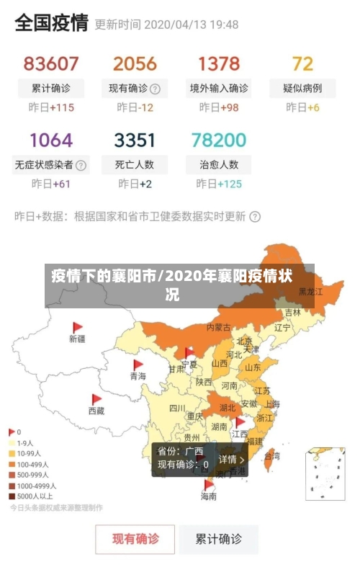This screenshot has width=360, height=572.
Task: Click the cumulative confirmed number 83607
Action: coord(51,63)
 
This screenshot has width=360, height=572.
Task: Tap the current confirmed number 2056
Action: coord(135,63)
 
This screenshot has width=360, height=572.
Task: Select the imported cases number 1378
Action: coord(219,63)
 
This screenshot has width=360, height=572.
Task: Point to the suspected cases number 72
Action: coord(302,63)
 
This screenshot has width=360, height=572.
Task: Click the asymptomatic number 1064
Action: coord(51,139)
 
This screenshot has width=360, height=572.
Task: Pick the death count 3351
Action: coord(135,139)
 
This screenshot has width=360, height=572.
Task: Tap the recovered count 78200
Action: coord(219,139)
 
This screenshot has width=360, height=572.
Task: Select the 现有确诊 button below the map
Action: coord(135,539)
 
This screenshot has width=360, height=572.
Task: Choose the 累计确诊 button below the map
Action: coord(219,539)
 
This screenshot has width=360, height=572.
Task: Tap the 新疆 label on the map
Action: coord(77,339)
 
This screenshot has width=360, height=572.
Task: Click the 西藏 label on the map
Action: coord(96,411)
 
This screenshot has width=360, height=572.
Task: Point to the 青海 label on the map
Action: coord(138,376)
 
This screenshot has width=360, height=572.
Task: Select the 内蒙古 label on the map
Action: coord(219,327)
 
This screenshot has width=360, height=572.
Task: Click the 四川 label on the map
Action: coord(177,408)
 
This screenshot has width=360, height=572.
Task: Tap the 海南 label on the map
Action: coord(209,496)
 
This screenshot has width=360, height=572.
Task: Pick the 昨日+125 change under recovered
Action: coord(219,184)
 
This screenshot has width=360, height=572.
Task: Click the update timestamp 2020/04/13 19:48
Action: coord(192,24)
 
